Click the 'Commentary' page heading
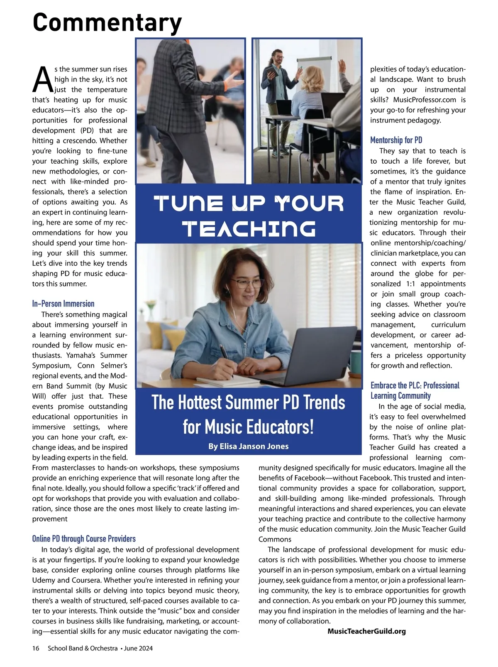(x=107, y=22)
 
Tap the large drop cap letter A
(x=43, y=79)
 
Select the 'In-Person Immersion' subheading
(x=63, y=304)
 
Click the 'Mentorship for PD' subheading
(x=396, y=140)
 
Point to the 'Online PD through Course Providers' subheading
(x=84, y=539)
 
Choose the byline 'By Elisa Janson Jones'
(x=248, y=446)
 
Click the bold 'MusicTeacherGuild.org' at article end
(x=366, y=631)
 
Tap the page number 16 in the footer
(x=36, y=648)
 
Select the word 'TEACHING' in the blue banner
(x=249, y=229)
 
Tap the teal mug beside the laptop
(x=355, y=361)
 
